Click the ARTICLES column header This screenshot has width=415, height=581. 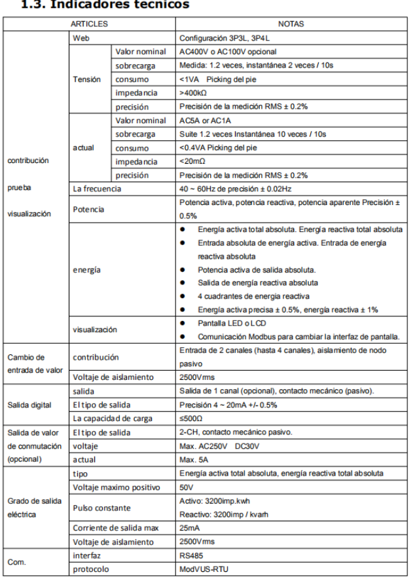click(x=90, y=24)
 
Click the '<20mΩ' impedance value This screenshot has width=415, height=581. click(x=193, y=162)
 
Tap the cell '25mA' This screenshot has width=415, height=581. click(x=189, y=529)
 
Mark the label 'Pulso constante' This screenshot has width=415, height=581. click(x=101, y=508)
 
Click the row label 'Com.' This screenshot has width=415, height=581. click(x=18, y=562)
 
